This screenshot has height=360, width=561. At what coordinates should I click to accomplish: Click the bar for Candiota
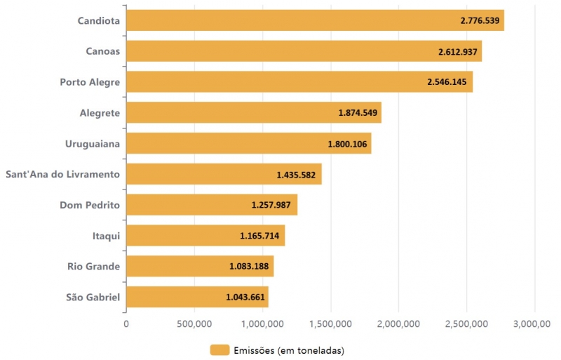point(315,20)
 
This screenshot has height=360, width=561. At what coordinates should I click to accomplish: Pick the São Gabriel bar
point(197,297)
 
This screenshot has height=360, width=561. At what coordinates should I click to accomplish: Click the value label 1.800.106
point(348,144)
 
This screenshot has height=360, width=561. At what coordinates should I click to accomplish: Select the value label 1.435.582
point(297,175)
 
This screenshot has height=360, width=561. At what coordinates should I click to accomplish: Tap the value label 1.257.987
point(273,205)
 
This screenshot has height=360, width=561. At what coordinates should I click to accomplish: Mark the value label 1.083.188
point(249,267)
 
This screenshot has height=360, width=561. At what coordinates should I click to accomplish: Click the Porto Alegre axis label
point(90,82)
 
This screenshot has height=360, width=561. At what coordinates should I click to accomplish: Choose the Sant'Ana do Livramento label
point(62,174)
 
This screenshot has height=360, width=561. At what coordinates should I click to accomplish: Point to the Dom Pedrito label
point(90,205)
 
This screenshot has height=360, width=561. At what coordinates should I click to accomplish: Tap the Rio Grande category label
point(93,267)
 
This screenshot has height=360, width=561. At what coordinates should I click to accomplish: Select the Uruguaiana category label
point(93,144)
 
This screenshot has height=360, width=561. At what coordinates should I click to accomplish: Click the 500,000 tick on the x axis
point(194,324)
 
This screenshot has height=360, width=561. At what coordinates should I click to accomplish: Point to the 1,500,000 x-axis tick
point(330,324)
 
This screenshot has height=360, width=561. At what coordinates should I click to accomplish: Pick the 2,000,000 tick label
point(398,324)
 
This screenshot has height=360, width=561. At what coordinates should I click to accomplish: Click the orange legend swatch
point(219,349)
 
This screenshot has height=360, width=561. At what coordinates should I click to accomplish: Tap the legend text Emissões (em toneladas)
point(289,349)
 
